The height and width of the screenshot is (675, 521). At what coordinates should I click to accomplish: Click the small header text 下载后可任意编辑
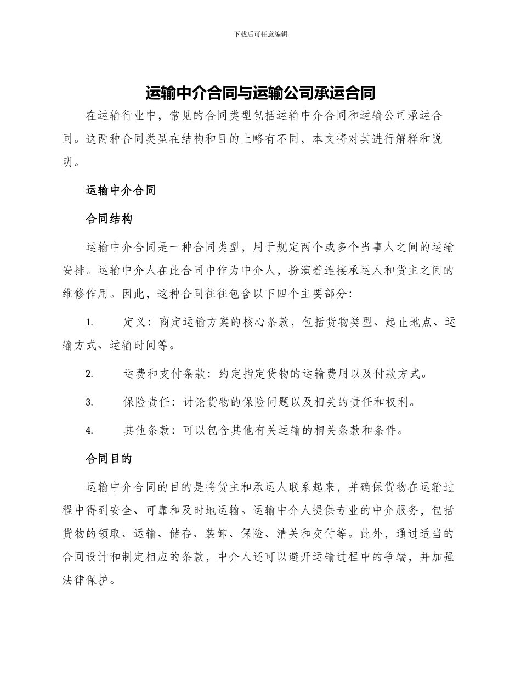(x=260, y=34)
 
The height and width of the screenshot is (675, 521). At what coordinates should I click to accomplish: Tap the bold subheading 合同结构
(x=109, y=219)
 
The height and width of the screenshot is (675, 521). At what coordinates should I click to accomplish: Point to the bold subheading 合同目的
(x=109, y=459)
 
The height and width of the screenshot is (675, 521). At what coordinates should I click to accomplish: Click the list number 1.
(x=89, y=323)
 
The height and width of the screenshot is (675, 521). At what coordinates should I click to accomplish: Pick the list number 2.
(x=89, y=374)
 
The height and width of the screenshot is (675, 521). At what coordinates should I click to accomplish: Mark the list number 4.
(x=89, y=431)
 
